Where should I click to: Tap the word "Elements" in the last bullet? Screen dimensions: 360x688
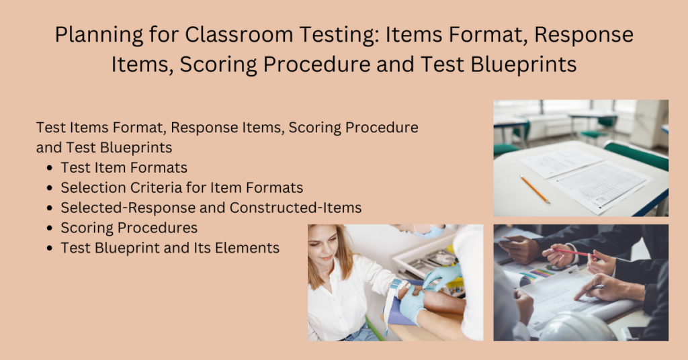click(x=249, y=248)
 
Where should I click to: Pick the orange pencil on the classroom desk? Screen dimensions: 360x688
click(x=534, y=189)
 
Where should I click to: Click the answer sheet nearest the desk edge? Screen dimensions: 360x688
click(x=601, y=184)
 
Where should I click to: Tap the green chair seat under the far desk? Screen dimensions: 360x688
click(x=595, y=134)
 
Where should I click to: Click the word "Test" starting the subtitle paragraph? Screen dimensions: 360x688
click(x=49, y=127)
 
